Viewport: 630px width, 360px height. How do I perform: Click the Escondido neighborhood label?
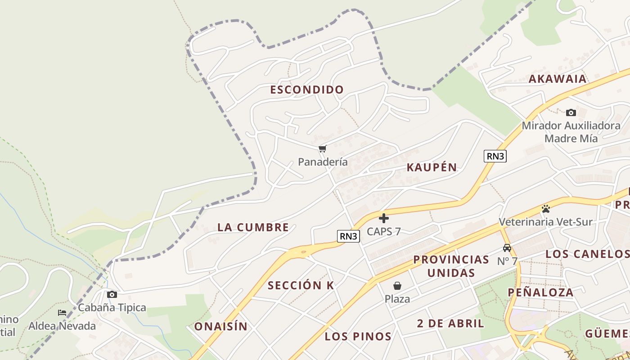[x=307, y=90]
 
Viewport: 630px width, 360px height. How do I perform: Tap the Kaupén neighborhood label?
[x=432, y=167]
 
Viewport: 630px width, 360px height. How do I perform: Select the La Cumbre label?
[x=253, y=227]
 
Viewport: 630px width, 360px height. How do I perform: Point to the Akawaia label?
[x=558, y=79]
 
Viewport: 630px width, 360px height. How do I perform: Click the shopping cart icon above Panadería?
[x=322, y=149]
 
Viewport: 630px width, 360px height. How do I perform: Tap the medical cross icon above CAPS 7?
[x=384, y=219]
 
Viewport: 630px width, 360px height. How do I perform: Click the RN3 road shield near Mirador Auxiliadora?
[x=495, y=156]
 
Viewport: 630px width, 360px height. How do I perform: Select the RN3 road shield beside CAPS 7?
[x=349, y=236]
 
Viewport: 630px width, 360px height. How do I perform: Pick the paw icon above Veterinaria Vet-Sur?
[x=546, y=209]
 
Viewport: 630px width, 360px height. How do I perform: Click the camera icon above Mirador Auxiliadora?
[x=571, y=112]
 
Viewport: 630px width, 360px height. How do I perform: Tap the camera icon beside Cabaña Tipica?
[x=112, y=295]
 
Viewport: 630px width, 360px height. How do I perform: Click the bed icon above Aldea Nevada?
[x=62, y=313]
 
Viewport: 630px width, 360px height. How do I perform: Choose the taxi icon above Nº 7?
[x=507, y=248]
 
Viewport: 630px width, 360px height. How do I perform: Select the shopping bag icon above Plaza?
[x=397, y=286]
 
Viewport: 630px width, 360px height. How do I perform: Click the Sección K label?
[x=301, y=285]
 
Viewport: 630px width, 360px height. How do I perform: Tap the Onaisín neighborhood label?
[x=221, y=327]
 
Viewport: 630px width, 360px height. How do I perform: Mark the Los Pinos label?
[x=358, y=336]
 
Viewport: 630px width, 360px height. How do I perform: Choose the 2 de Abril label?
[x=450, y=323]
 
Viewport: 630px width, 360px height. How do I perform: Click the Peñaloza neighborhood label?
[x=541, y=292]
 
